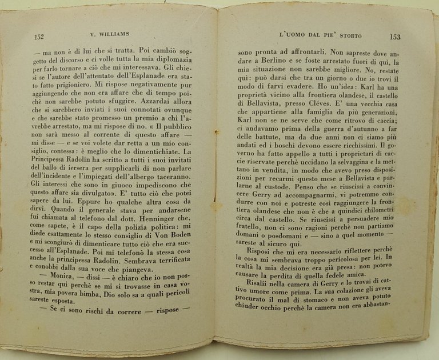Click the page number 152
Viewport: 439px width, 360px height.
point(39,37)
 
